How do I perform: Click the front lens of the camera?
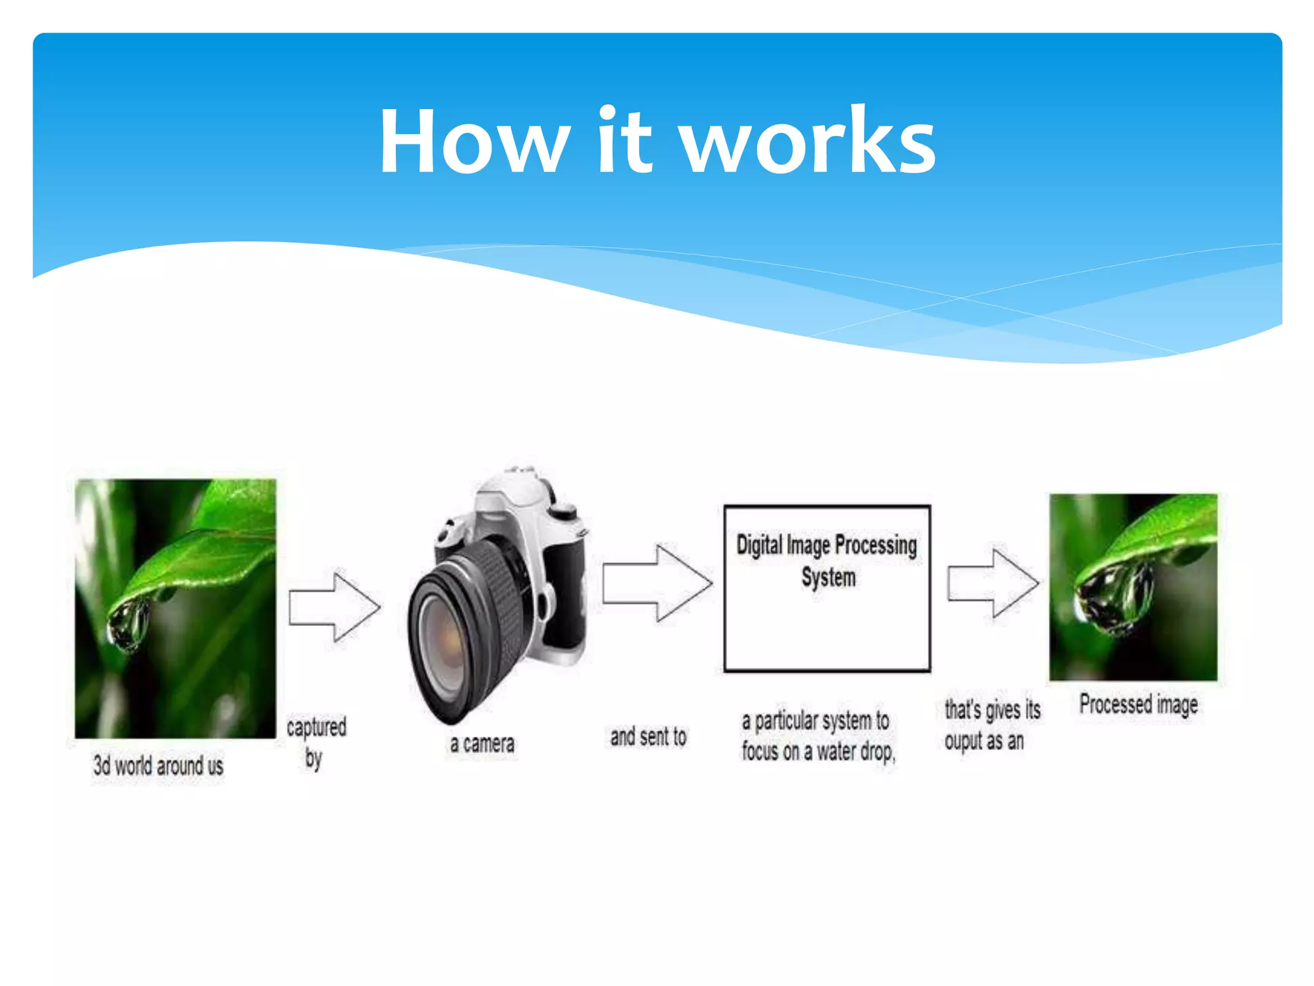(x=449, y=648)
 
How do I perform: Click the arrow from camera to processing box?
(x=658, y=583)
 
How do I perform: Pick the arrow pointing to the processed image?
(x=993, y=583)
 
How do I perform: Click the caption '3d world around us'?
(x=158, y=765)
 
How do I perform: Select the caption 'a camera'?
(x=482, y=744)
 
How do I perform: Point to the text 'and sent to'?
(x=648, y=736)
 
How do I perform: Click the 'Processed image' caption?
(x=1138, y=705)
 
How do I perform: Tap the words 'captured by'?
(x=316, y=741)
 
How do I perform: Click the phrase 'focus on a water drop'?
(x=818, y=751)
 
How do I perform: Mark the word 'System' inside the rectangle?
(x=828, y=577)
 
